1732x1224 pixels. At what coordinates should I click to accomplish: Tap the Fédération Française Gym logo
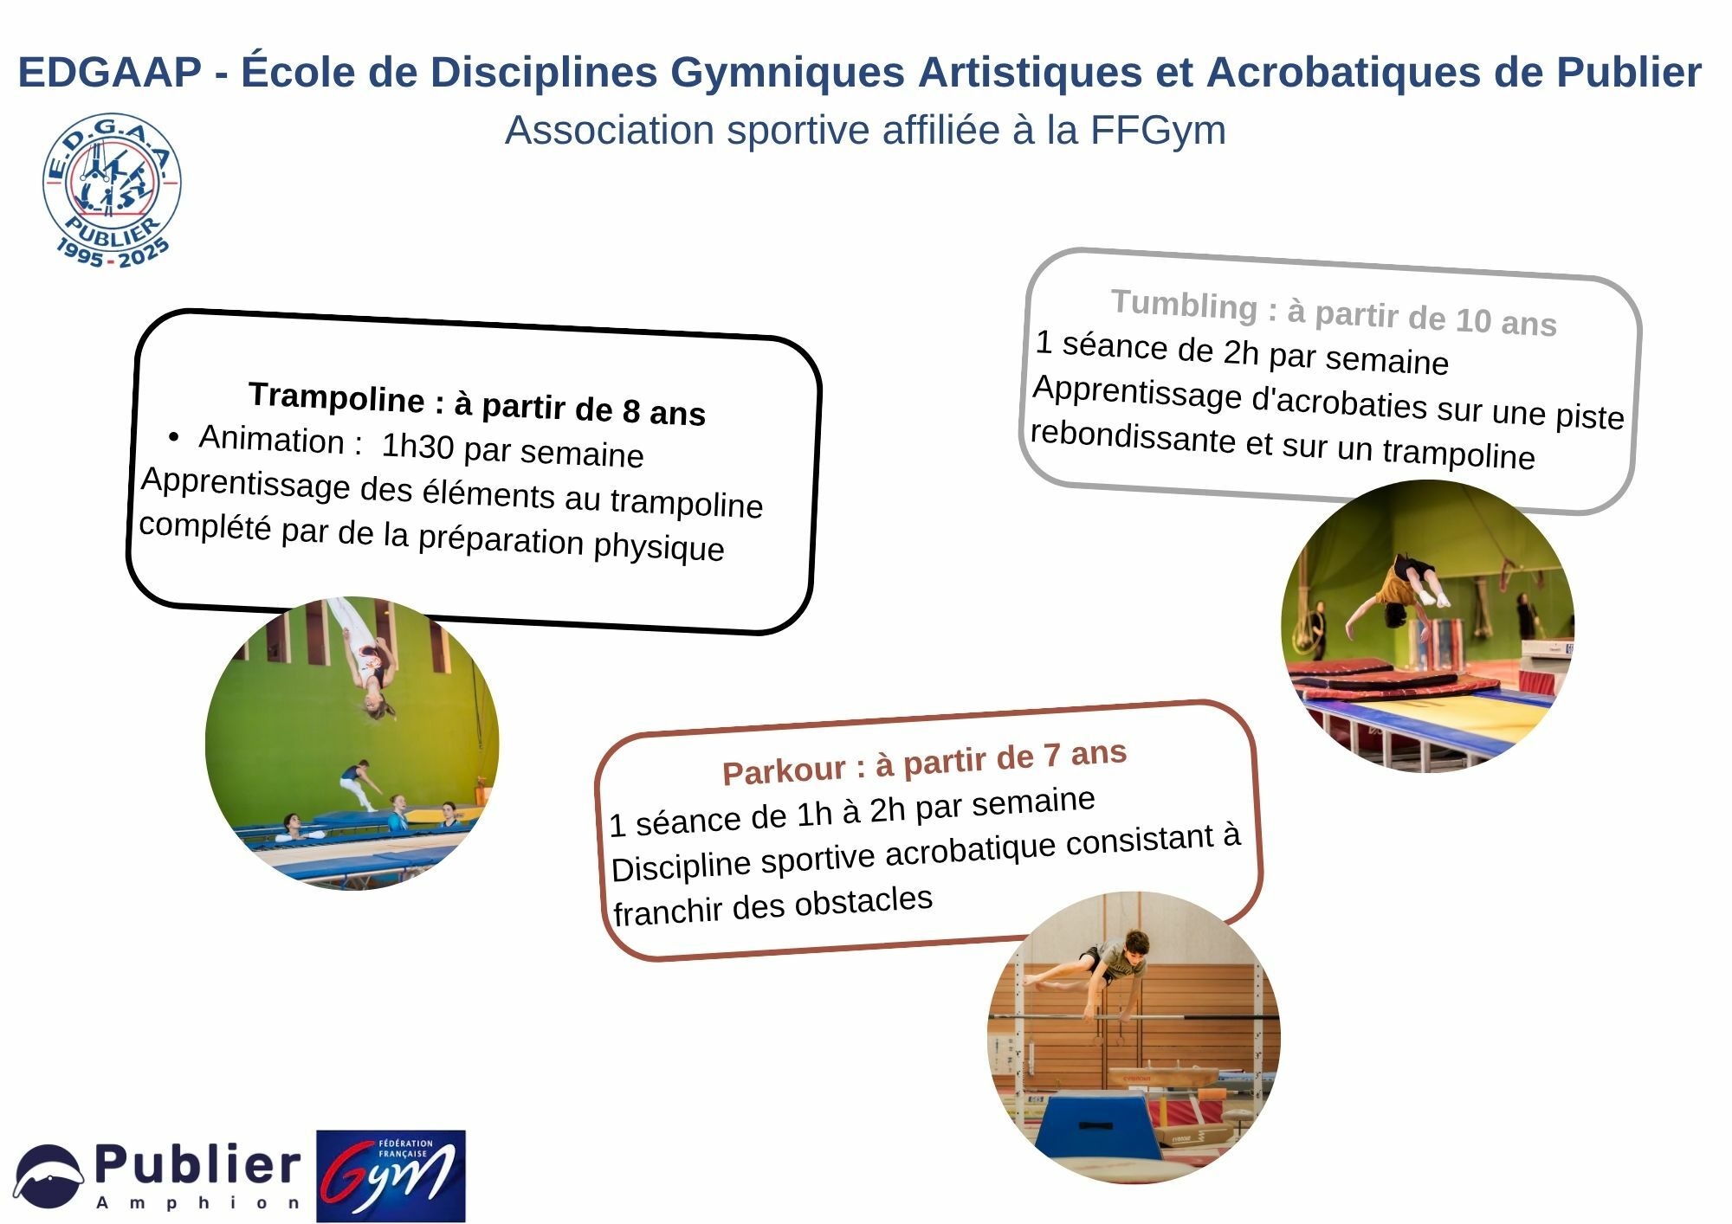click(x=391, y=1176)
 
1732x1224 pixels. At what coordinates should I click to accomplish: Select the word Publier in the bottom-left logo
click(x=197, y=1165)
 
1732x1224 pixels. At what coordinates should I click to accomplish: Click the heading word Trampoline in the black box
click(x=337, y=397)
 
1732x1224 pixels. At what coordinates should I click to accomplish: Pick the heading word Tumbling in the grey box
click(x=1184, y=305)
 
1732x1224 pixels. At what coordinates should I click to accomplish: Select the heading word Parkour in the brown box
click(x=784, y=770)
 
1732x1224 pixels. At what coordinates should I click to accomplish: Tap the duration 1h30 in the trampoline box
click(x=417, y=446)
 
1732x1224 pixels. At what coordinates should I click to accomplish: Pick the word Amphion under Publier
click(x=198, y=1203)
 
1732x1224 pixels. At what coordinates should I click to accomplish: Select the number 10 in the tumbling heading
click(x=1472, y=320)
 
